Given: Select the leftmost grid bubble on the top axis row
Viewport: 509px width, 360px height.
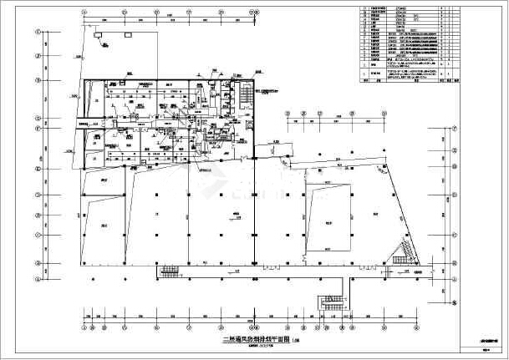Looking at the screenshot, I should tap(84, 13).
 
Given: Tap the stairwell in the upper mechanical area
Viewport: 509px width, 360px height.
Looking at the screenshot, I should tap(245, 94).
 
